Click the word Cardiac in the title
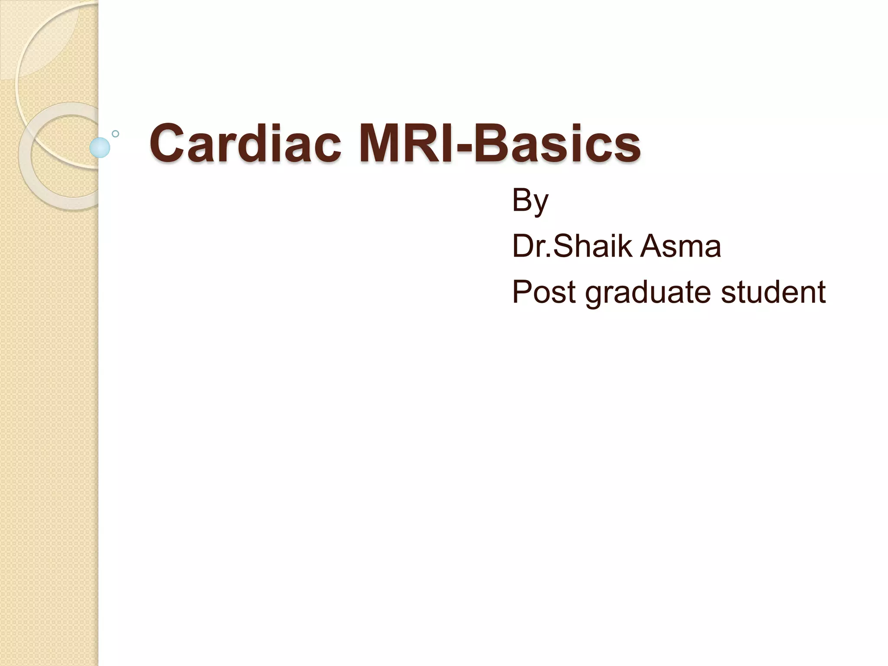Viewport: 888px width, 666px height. (x=245, y=144)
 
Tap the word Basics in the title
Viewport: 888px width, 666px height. (x=557, y=144)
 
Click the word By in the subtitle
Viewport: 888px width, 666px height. (x=530, y=201)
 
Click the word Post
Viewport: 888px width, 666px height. (x=544, y=291)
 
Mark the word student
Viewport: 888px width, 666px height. (x=773, y=291)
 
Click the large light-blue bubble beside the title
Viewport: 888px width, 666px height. (x=100, y=147)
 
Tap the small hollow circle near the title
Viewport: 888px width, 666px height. (x=115, y=134)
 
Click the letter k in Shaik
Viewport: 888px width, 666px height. (x=626, y=246)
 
